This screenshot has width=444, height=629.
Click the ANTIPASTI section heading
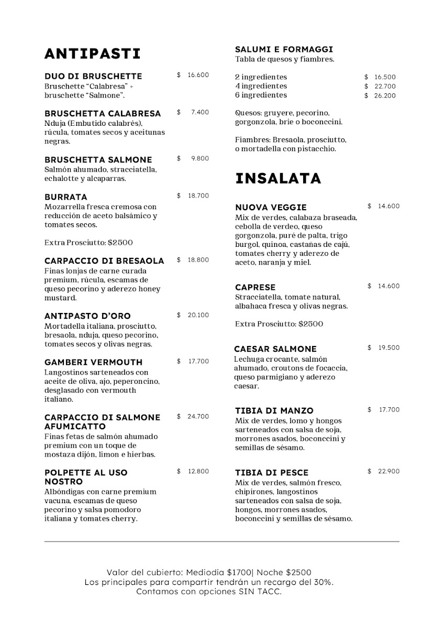pyautogui.click(x=93, y=53)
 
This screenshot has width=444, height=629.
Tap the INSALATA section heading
pyautogui.click(x=278, y=178)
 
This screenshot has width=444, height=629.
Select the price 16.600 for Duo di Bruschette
pyautogui.click(x=198, y=75)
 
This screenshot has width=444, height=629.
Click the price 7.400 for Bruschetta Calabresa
pyautogui.click(x=199, y=112)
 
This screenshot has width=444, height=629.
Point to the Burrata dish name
pyautogui.click(x=66, y=197)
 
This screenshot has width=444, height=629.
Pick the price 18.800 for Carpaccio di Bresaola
pyautogui.click(x=198, y=260)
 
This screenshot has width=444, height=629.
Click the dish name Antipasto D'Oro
pyautogui.click(x=87, y=316)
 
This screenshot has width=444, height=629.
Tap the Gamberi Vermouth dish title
pyautogui.click(x=93, y=362)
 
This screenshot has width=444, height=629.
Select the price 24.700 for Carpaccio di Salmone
pyautogui.click(x=198, y=417)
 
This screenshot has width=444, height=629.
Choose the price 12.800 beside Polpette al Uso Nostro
pyautogui.click(x=198, y=471)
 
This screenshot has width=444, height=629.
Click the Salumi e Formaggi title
pyautogui.click(x=284, y=49)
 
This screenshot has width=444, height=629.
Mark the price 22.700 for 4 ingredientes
pyautogui.click(x=385, y=86)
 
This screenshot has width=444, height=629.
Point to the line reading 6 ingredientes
pyautogui.click(x=261, y=95)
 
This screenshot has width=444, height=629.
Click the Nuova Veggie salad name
pyautogui.click(x=271, y=207)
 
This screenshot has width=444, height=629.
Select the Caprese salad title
pyautogui.click(x=255, y=287)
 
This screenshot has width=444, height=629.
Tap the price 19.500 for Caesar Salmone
pyautogui.click(x=389, y=348)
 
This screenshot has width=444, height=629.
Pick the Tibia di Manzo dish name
pyautogui.click(x=274, y=410)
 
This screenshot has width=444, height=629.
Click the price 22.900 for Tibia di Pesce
pyautogui.click(x=389, y=471)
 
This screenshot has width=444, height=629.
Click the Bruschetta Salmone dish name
pyautogui.click(x=98, y=159)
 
